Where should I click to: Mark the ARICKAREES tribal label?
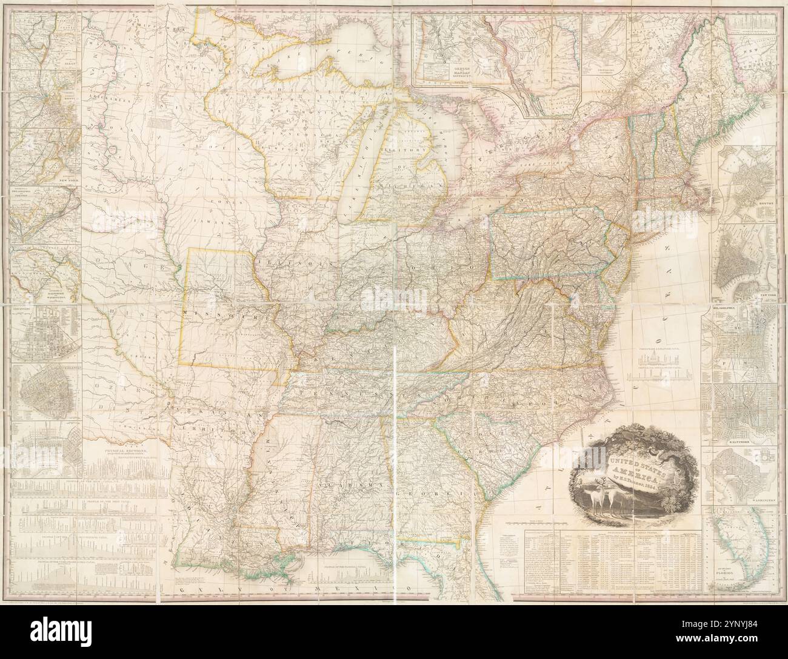pos(101,97)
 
